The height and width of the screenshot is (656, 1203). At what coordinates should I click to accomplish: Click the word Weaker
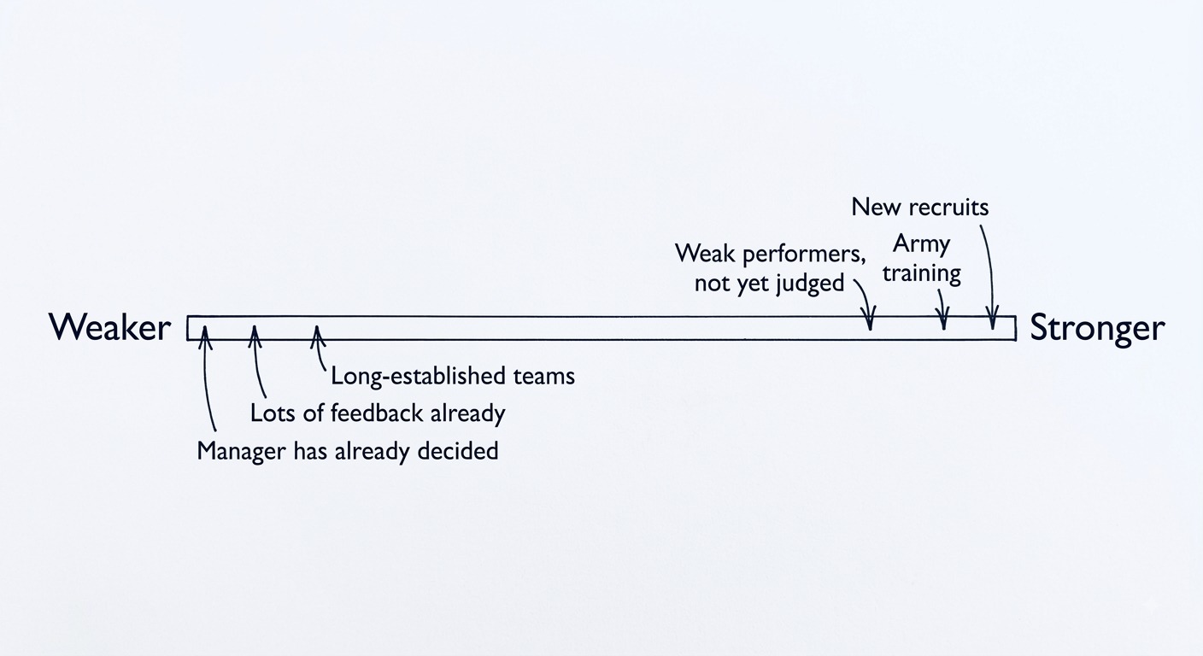point(110,327)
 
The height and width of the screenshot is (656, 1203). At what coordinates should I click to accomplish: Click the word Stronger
point(1097,328)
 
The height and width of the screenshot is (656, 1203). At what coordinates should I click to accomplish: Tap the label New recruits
point(920,208)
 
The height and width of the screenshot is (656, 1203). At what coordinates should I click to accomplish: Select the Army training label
point(922,259)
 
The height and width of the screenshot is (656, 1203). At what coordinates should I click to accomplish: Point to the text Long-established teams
point(453,376)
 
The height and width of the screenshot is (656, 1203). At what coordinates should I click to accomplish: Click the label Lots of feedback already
point(378,413)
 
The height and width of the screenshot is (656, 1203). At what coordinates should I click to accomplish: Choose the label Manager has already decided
point(348,451)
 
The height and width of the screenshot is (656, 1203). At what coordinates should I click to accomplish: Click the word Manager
point(241,452)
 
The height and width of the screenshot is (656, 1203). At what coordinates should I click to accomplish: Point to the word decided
point(458,451)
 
